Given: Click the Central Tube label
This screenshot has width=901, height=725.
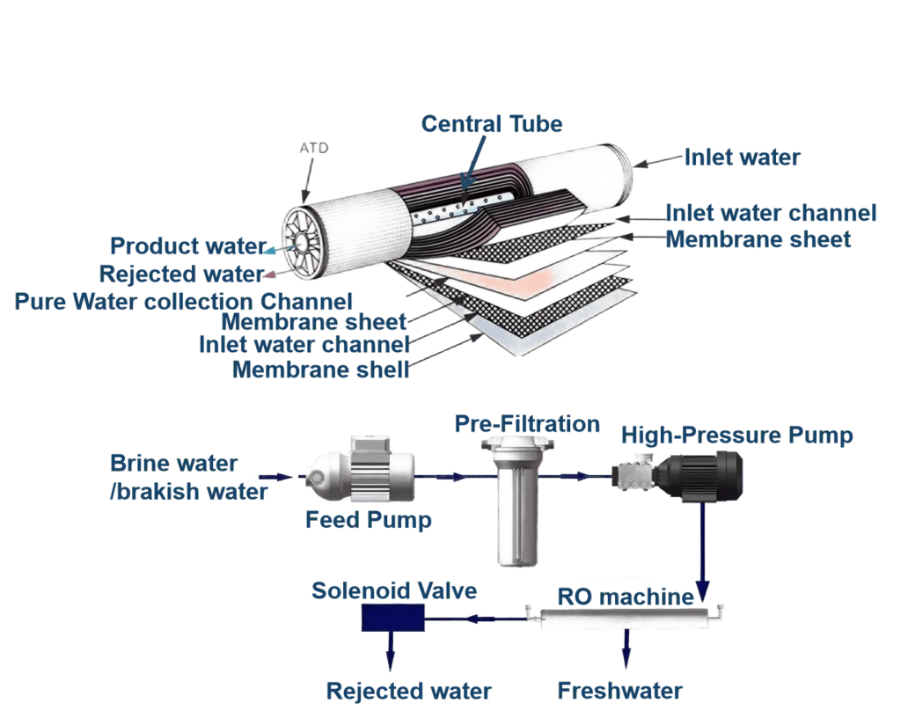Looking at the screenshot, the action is [492, 124].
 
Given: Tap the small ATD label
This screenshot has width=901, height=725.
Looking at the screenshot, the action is [314, 148].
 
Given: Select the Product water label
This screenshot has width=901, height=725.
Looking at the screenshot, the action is [188, 245].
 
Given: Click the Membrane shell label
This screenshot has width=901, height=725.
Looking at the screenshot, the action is [320, 370].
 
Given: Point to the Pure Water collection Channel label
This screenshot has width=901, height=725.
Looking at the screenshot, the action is [183, 302].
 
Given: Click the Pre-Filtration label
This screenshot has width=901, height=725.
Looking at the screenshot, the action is [527, 424].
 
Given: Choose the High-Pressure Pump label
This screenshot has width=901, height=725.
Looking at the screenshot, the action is [736, 436].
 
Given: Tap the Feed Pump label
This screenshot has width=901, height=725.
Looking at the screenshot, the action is [369, 520].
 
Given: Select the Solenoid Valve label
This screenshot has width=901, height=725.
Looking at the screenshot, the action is [394, 590].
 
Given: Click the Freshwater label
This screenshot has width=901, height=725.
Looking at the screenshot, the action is [620, 691].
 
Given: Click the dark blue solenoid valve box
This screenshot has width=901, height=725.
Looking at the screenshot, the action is [393, 619].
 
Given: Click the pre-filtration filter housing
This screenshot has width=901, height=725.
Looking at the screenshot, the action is [517, 501].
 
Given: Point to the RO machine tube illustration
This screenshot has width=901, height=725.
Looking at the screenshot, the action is [626, 617].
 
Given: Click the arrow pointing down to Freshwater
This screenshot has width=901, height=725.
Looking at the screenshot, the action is [626, 648].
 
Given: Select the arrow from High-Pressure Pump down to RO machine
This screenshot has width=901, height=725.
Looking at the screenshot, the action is [702, 553].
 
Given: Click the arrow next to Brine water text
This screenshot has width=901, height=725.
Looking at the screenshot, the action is [276, 477].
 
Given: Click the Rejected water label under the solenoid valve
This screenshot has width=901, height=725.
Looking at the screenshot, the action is [408, 691].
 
